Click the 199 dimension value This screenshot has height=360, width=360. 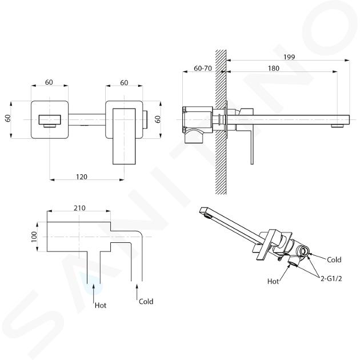pos(289,57)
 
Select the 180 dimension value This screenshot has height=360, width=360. pos(274,68)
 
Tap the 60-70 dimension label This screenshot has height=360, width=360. pos(203,68)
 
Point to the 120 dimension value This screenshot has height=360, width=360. pos(82,177)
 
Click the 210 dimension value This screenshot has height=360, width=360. pos(79,208)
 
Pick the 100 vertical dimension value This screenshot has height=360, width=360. pos(34,237)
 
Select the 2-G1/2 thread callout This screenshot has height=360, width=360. pos(331,278)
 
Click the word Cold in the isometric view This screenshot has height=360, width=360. pos(334,259)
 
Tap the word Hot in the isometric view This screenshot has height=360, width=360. pos(273,281)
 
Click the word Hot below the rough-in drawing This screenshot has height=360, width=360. pos(101,305)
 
